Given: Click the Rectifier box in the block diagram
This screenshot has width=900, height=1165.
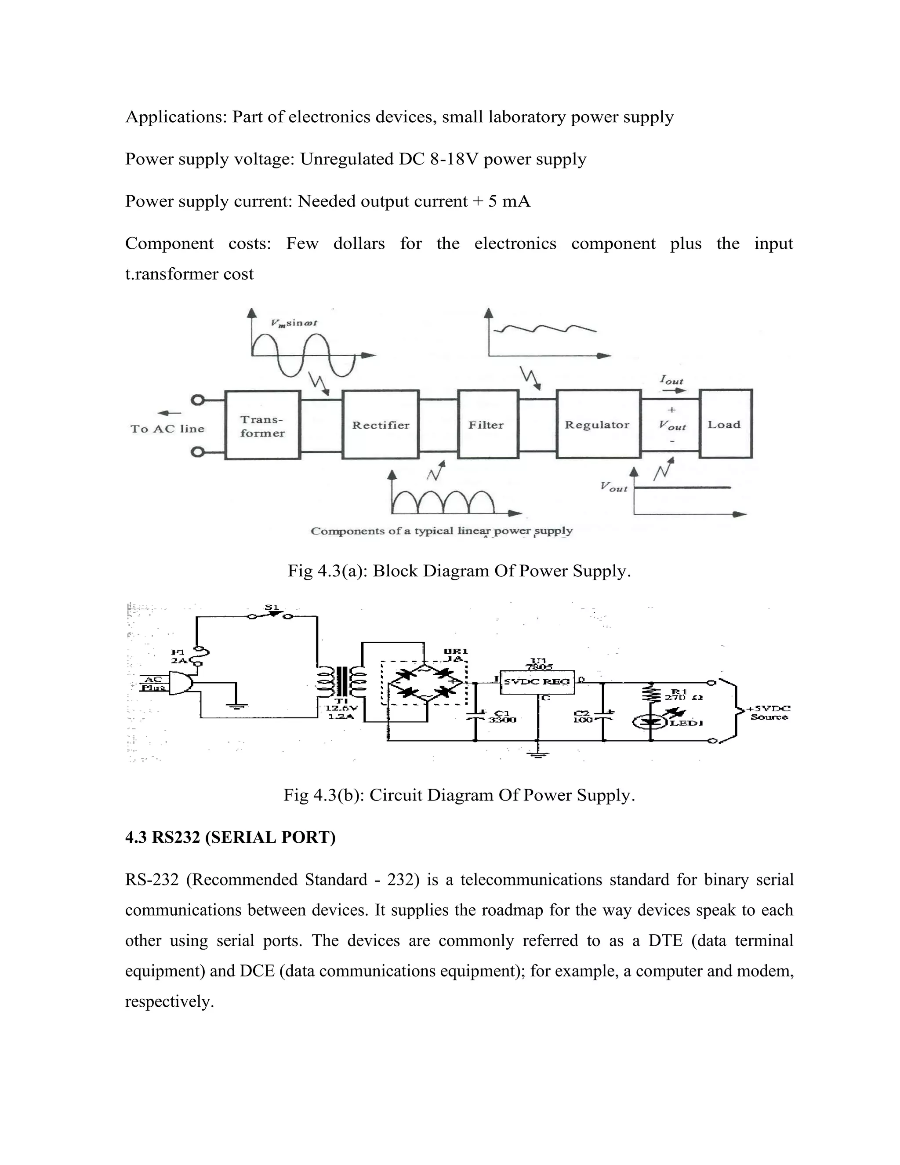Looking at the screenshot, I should pyautogui.click(x=380, y=425).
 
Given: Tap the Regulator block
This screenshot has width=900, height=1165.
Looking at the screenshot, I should pyautogui.click(x=598, y=425).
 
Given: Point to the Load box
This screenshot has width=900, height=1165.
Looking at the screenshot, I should pyautogui.click(x=725, y=424).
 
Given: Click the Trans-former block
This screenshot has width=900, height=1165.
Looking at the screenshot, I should pyautogui.click(x=262, y=426).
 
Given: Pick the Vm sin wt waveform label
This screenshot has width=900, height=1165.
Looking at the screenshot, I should pyautogui.click(x=294, y=323).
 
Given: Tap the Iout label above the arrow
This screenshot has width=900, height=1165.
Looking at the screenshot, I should pyautogui.click(x=671, y=380).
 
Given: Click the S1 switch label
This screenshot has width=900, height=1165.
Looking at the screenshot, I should pyautogui.click(x=272, y=608).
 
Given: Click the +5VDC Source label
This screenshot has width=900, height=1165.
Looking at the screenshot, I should pyautogui.click(x=768, y=713).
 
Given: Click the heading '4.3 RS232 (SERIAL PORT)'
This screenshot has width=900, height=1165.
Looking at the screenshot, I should pyautogui.click(x=230, y=837).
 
